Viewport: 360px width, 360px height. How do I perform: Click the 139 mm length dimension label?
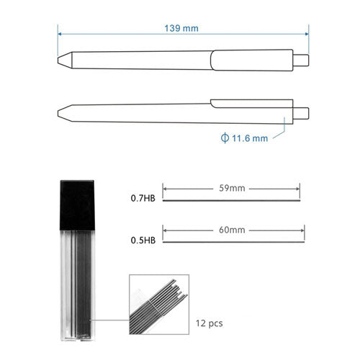[x=181, y=28]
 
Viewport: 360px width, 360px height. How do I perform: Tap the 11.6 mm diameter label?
[x=250, y=138]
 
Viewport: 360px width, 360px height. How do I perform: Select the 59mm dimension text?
[x=232, y=188]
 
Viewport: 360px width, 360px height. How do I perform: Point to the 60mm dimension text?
[x=232, y=230]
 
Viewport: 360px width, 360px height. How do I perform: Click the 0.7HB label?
[x=143, y=198]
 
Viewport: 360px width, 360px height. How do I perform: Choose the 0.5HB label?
[x=143, y=240]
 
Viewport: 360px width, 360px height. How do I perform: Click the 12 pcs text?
[x=210, y=323]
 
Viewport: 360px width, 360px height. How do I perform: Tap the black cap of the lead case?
[x=77, y=205]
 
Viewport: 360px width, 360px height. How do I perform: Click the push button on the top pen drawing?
[x=301, y=60]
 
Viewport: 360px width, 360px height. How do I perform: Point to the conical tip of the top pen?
[x=65, y=60]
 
